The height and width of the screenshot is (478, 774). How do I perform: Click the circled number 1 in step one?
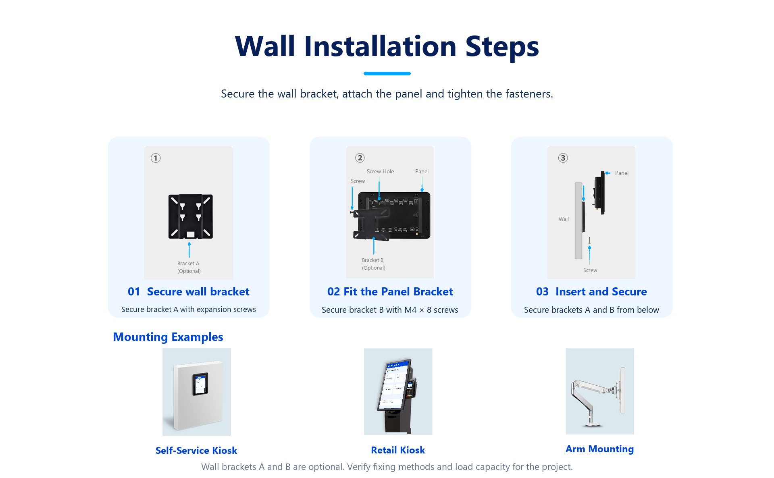coord(156,158)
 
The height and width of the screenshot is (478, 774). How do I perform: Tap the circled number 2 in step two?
coord(360,158)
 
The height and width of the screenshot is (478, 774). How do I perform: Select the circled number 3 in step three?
coord(563,158)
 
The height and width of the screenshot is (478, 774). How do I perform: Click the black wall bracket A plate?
coord(190,216)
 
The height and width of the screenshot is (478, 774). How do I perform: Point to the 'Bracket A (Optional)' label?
coord(189,267)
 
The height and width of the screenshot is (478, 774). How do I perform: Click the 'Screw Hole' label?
coord(380,171)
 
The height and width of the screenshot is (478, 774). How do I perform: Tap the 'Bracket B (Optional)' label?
coord(373,264)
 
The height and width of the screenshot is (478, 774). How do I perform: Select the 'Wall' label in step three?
coord(564,219)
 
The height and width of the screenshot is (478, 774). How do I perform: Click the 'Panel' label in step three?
coord(622,173)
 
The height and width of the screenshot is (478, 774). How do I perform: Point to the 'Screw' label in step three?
coord(590,270)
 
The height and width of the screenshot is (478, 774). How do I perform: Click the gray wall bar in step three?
coord(578,220)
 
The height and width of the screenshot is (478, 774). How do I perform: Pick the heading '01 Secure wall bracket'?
coord(189,291)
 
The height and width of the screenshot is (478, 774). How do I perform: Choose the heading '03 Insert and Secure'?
coord(591,291)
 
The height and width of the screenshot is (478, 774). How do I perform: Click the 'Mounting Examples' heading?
coord(168,337)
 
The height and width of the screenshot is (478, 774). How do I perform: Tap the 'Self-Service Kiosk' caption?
coord(196,450)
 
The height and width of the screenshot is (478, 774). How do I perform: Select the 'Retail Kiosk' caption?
coord(398,450)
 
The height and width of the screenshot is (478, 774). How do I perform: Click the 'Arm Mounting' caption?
coord(599,449)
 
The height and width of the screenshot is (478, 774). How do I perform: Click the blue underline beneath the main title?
coord(387,73)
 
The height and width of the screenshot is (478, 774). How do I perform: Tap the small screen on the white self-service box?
coord(200,384)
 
